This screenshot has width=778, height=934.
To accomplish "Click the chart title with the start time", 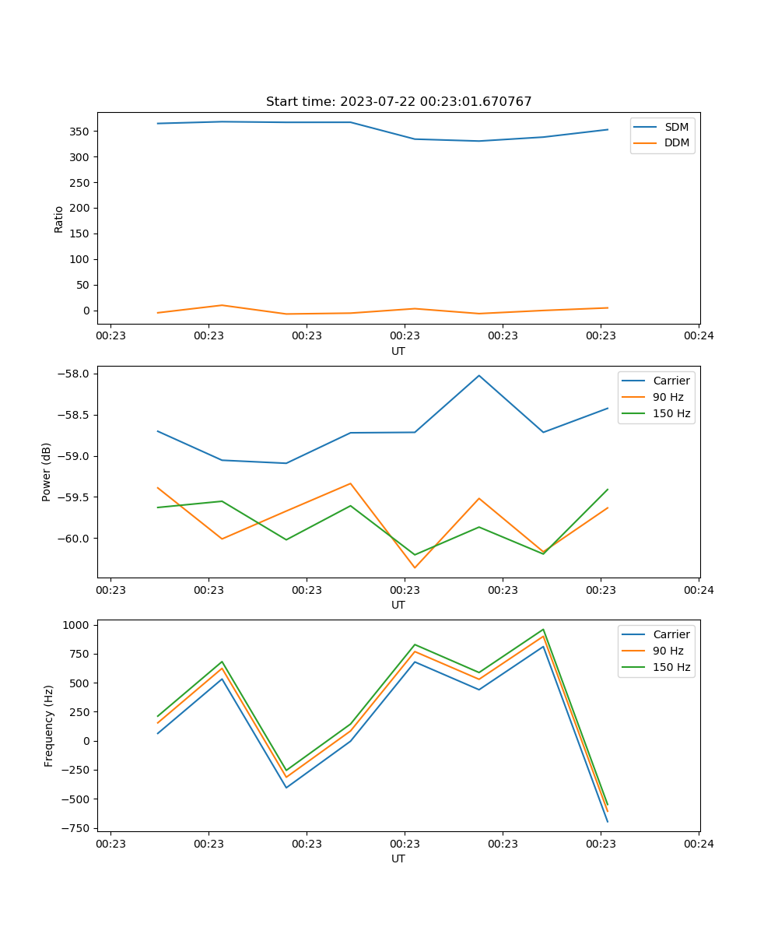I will coord(398,102).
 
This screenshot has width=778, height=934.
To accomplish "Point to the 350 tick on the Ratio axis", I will coord(80,132).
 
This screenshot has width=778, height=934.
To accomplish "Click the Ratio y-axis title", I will coord(59,219).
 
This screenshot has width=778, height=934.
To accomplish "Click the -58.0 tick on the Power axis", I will coord(75,374).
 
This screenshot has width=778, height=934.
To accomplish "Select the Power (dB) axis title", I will coord(47,472).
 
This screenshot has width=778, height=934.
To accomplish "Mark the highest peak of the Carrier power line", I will coord(479,376).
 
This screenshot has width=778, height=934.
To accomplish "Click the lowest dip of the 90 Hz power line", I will coord(415,567).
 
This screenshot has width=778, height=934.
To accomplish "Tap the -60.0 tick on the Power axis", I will coord(75,539).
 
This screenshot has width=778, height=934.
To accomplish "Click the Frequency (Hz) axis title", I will coord(48,725).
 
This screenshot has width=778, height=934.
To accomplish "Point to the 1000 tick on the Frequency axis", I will coord(77,625).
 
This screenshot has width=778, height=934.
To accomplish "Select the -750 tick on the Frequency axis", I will coord(77,828).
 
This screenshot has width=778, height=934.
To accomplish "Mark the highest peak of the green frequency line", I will coord(543,630).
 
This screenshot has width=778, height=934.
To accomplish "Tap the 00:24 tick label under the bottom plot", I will coord(699,843).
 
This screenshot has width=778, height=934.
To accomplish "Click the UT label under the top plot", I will coord(398,351).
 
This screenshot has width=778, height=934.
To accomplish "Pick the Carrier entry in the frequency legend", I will coord(671,634).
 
